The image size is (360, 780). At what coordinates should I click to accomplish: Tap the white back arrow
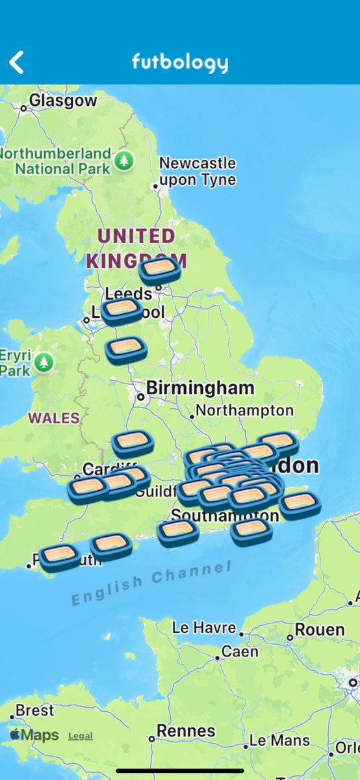(x=17, y=62)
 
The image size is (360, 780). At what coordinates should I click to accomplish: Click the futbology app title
(x=179, y=62)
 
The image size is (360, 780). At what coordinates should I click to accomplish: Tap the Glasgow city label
(x=62, y=101)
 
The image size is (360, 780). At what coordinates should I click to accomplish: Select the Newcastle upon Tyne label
(x=198, y=171)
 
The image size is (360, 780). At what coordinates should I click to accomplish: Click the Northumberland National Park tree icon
(x=123, y=161)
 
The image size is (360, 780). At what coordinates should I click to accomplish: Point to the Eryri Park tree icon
(x=44, y=362)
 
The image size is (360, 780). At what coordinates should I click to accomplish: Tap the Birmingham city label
(x=199, y=388)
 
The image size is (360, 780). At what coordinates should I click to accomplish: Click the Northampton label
(x=244, y=411)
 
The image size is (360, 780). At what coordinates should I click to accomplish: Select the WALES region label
(x=54, y=418)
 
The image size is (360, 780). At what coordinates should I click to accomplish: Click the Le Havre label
(x=204, y=628)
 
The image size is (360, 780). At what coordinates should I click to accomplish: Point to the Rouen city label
(x=320, y=629)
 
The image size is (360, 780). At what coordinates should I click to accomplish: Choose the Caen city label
(x=240, y=651)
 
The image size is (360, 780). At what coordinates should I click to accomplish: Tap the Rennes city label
(x=186, y=731)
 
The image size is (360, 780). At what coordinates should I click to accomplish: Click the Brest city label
(x=34, y=710)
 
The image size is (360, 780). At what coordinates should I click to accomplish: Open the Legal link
(x=81, y=736)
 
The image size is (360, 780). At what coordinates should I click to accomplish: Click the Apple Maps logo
(x=34, y=735)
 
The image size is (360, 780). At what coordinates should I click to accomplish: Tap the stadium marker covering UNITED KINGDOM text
(x=159, y=269)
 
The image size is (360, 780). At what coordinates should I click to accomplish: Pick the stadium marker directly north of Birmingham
(x=126, y=349)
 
